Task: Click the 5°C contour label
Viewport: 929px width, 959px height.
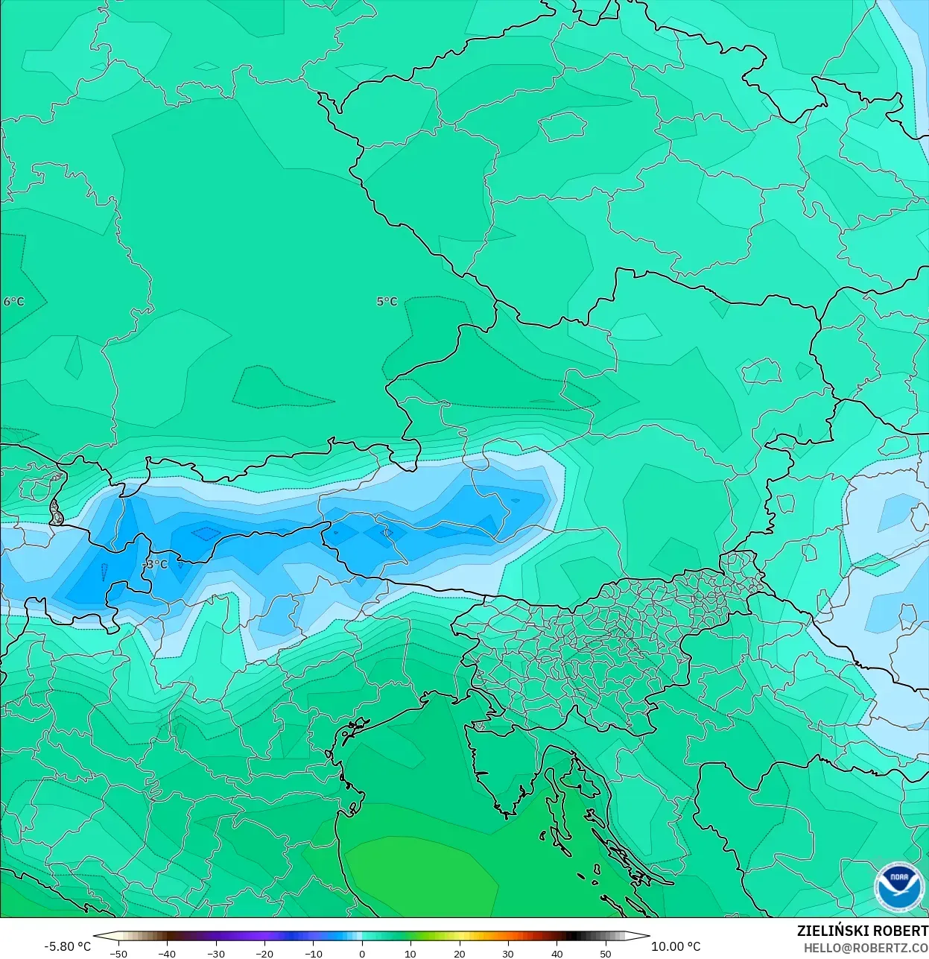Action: point(387,302)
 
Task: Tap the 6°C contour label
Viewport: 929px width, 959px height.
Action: point(13,302)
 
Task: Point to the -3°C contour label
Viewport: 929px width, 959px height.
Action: point(156,565)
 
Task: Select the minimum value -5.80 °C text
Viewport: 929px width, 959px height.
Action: point(67,946)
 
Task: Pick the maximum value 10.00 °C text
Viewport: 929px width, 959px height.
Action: point(676,946)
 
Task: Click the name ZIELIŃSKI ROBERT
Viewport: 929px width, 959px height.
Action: point(862,931)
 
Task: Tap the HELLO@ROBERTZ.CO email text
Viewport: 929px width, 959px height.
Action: point(865,948)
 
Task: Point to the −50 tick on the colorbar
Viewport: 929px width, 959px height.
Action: point(118,954)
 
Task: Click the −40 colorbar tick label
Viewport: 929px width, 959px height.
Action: point(167,954)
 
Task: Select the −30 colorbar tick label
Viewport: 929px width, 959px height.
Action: point(215,954)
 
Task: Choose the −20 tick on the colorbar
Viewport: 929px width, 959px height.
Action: point(264,954)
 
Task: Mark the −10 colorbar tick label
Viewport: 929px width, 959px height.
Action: point(313,954)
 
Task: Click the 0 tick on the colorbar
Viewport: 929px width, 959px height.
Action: point(362,954)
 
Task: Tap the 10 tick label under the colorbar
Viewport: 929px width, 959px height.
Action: point(410,954)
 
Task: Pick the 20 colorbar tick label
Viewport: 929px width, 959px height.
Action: point(459,954)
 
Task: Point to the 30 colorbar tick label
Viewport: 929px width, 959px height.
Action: point(508,954)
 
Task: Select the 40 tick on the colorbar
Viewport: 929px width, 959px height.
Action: point(557,954)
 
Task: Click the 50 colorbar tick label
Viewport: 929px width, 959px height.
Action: point(606,954)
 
